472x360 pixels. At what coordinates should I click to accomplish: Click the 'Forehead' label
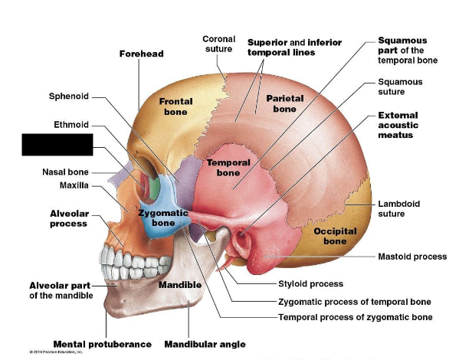141,54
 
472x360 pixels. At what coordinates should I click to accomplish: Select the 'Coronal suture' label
218,44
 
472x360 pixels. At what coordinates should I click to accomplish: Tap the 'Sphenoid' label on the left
69,97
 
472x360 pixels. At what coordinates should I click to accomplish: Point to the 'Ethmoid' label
71,124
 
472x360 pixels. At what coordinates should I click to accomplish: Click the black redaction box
57,145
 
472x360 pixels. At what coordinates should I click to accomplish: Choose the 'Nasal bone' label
65,172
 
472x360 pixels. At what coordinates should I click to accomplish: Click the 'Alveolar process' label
68,218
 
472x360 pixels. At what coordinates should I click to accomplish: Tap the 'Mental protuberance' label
102,344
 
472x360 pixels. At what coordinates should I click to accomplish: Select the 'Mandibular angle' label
205,344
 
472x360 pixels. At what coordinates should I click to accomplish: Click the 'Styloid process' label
310,284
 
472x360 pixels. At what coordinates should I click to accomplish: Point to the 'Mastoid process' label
412,257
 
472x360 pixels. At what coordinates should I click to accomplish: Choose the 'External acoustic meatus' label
406,125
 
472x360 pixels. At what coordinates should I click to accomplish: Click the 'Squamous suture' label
400,87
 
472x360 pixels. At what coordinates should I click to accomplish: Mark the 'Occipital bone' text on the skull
334,236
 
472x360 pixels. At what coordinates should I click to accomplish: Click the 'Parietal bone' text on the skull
285,103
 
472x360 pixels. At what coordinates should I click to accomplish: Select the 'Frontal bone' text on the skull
175,106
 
